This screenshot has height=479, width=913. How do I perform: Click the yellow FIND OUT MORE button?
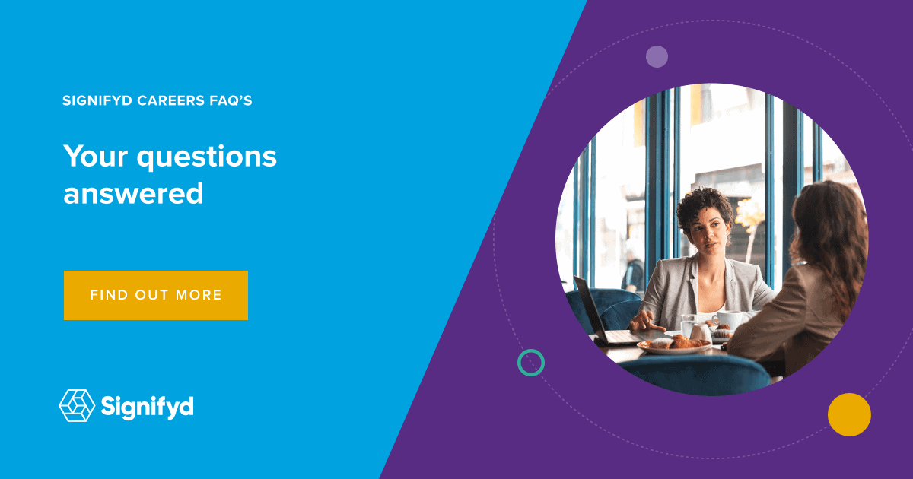point(156,295)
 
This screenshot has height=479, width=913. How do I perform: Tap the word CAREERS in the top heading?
point(170,100)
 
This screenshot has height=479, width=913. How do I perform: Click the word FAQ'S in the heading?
point(231,100)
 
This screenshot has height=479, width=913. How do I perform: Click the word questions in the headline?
point(207,158)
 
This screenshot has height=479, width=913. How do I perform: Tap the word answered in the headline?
point(133,193)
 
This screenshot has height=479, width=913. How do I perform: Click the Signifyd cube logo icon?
point(77,405)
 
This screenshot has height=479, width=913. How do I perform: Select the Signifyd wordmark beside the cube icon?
point(147,407)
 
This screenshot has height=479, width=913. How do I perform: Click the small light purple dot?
point(657,56)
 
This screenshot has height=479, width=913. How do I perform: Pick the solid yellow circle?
point(849,414)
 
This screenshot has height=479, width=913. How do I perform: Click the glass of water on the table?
point(688,325)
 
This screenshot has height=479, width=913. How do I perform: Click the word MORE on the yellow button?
point(199,295)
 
